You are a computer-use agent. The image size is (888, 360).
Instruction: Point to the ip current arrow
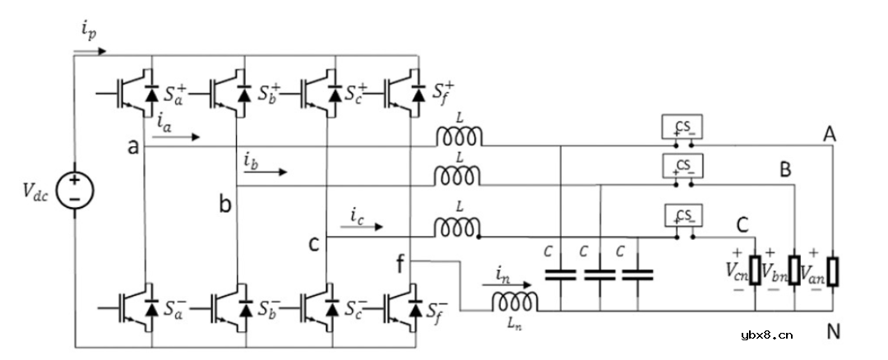(x=90, y=51)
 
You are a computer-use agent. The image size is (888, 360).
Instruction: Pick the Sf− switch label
(x=439, y=310)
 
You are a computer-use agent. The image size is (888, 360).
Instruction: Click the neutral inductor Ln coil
(x=516, y=305)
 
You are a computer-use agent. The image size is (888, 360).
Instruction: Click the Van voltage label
(x=815, y=270)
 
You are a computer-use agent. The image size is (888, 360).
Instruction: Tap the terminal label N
(x=834, y=332)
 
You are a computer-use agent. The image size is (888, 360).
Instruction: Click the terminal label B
(x=786, y=171)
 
